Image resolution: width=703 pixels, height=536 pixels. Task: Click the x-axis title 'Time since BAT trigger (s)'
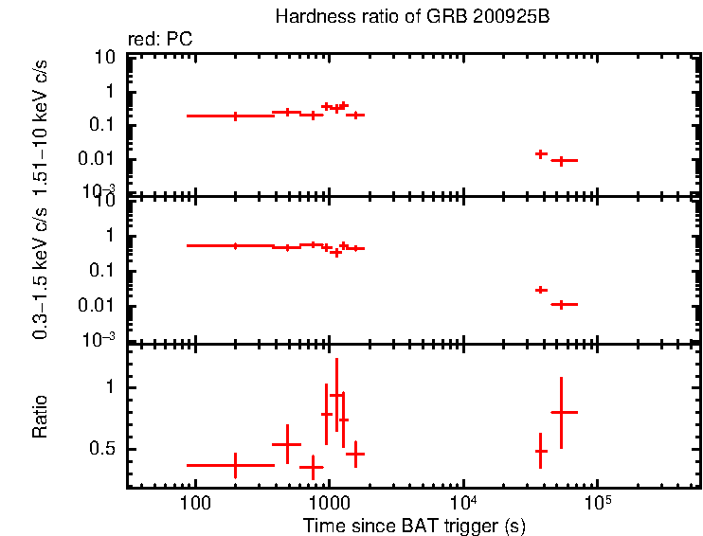point(414,526)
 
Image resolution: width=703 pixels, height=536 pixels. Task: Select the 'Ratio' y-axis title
point(41,418)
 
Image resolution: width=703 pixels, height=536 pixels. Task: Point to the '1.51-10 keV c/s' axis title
point(41,124)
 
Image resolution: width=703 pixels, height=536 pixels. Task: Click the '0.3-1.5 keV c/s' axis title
point(41,270)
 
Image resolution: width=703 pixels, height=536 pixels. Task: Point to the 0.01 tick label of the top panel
point(100,158)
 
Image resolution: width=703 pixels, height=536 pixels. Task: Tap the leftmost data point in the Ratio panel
point(235,465)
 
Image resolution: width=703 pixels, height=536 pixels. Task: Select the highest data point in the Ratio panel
point(335,395)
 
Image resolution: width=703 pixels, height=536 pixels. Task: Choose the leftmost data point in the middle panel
point(235,245)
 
